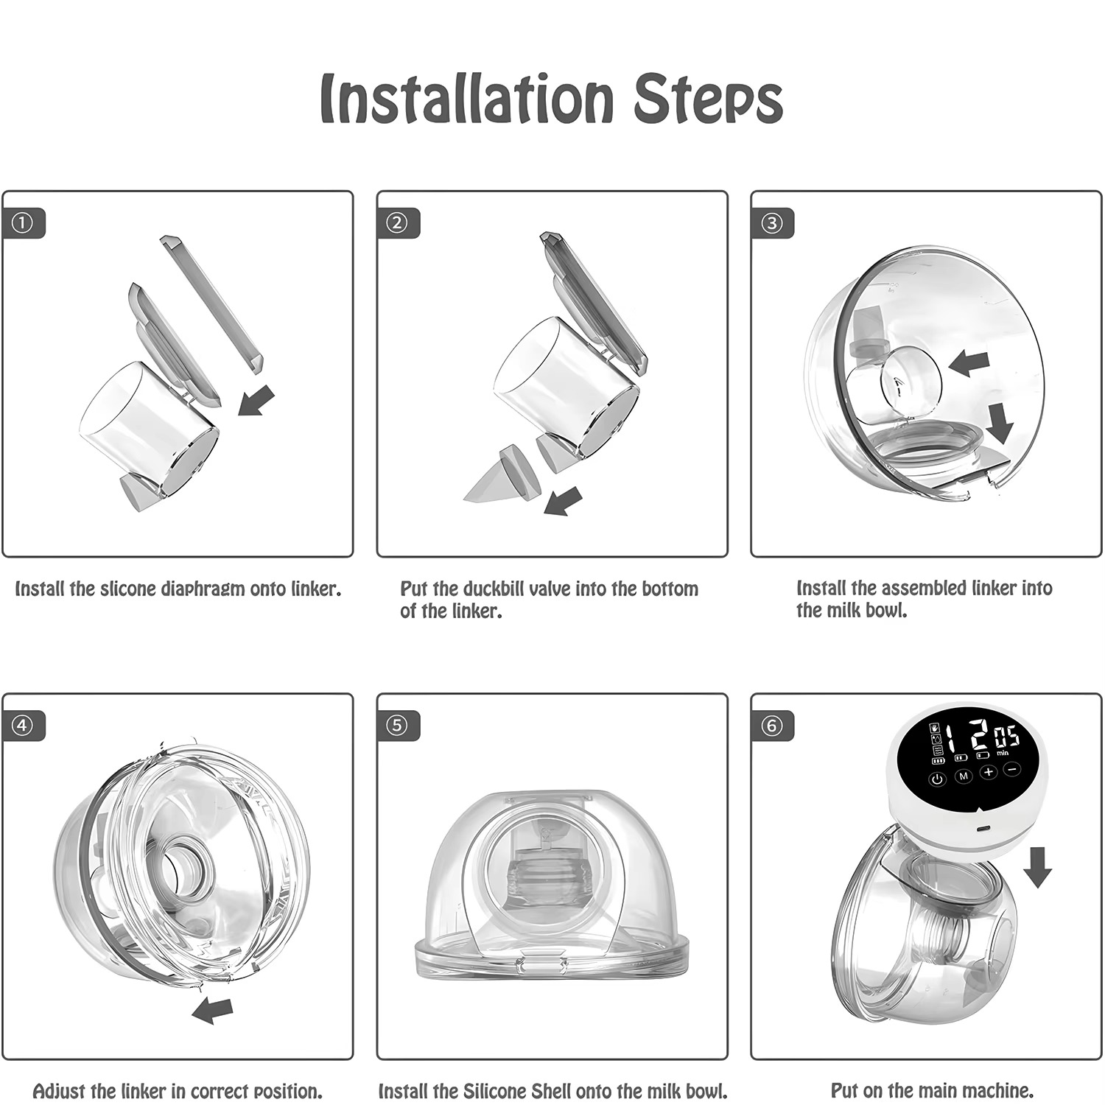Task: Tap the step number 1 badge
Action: [23, 223]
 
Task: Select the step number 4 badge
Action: [23, 726]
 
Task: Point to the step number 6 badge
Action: [771, 726]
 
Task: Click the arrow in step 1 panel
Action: [256, 400]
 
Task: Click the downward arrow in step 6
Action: [1037, 866]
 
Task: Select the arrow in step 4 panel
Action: [212, 1010]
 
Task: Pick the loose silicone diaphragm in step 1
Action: [212, 302]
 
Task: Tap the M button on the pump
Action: [963, 776]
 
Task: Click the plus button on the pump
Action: [988, 772]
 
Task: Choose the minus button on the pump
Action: [1012, 769]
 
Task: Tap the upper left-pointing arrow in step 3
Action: [968, 362]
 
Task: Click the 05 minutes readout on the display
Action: [1007, 737]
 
